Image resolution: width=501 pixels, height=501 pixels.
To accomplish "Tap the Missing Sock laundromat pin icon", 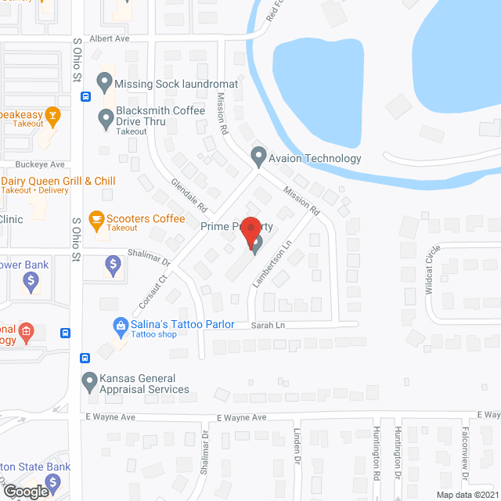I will click(104, 81).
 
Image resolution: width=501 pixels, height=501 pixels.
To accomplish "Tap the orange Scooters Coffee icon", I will click(96, 220).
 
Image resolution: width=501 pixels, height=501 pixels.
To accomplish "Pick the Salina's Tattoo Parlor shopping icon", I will click(121, 324).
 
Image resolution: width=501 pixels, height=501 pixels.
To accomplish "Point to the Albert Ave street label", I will click(108, 38).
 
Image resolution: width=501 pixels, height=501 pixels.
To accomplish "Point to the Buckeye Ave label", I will click(41, 165).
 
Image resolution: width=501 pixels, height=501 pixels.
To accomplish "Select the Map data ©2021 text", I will click(467, 495).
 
